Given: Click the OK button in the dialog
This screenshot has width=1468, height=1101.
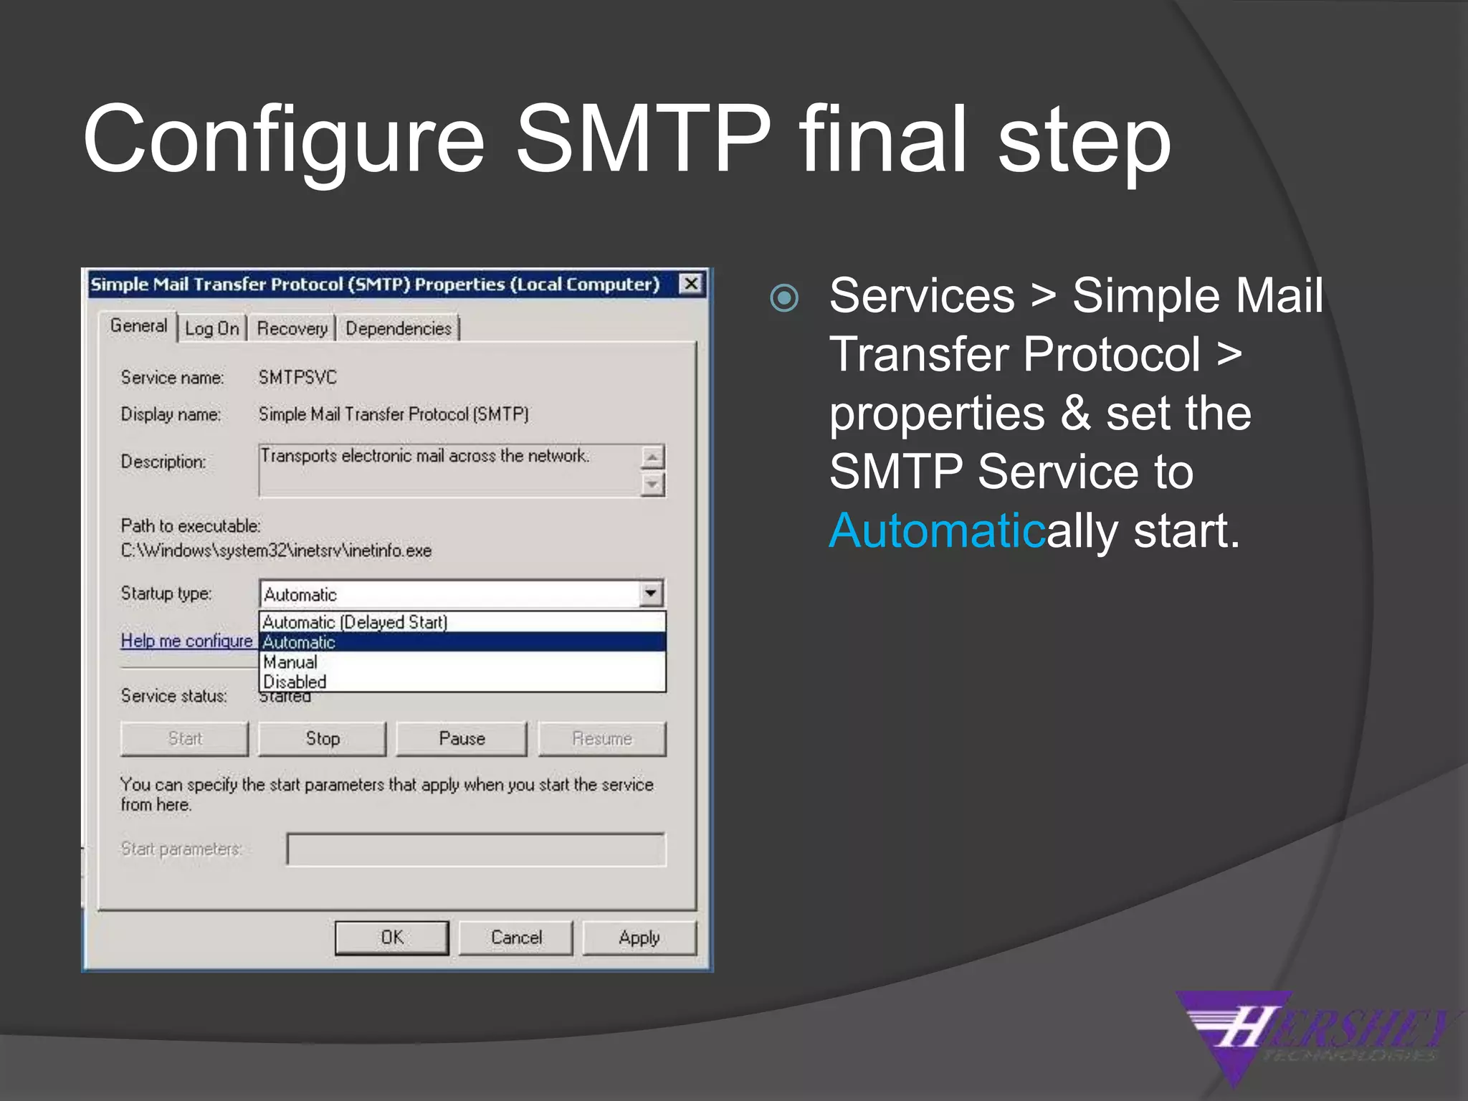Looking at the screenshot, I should pyautogui.click(x=391, y=938).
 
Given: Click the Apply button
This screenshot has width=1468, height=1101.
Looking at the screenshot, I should pyautogui.click(x=639, y=938).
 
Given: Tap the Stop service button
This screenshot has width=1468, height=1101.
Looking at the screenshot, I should pyautogui.click(x=322, y=739).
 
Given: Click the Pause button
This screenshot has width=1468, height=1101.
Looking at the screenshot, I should pyautogui.click(x=461, y=739).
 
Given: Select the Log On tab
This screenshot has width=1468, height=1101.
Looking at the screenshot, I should pyautogui.click(x=211, y=328).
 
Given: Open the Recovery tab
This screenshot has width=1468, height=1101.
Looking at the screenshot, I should pyautogui.click(x=292, y=328).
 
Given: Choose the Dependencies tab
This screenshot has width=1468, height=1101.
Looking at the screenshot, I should pyautogui.click(x=399, y=328).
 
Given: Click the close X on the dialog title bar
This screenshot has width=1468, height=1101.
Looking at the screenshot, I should pyautogui.click(x=690, y=284).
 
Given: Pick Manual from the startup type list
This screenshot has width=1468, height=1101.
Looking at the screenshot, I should pyautogui.click(x=290, y=662).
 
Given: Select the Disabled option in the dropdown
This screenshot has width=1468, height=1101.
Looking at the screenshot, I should pyautogui.click(x=295, y=682).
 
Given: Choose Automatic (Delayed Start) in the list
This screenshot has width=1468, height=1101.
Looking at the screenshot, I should pyautogui.click(x=355, y=621).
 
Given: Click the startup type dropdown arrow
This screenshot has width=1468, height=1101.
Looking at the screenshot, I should pyautogui.click(x=650, y=594).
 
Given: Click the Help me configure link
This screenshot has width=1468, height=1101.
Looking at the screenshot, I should pyautogui.click(x=186, y=641).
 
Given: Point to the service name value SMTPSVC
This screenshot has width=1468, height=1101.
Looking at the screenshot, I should pyautogui.click(x=297, y=377).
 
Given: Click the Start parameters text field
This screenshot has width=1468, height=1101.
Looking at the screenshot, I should pyautogui.click(x=475, y=849).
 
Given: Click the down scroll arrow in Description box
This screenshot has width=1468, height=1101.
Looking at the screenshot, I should pyautogui.click(x=652, y=485).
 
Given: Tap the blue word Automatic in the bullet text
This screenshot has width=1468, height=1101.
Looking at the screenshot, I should pyautogui.click(x=937, y=531).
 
